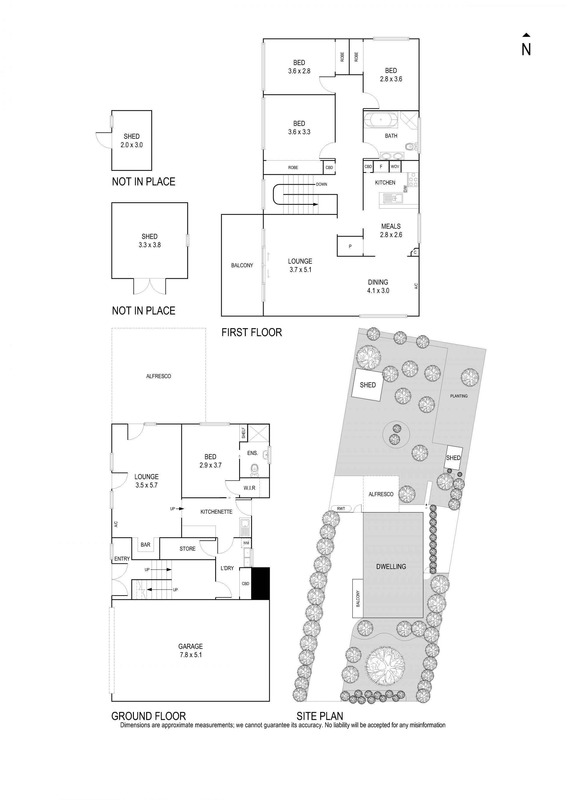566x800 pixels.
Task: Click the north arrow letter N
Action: (x=526, y=50)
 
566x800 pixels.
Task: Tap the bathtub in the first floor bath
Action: (x=381, y=120)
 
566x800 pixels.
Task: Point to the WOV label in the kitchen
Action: (x=395, y=166)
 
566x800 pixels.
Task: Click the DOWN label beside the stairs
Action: (x=321, y=184)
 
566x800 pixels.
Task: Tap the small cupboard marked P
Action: (x=350, y=246)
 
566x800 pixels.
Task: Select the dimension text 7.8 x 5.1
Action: (x=191, y=655)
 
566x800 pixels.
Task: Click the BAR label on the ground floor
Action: (x=145, y=545)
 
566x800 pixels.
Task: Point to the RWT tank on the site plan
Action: (x=341, y=509)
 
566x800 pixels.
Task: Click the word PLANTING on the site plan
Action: (x=459, y=396)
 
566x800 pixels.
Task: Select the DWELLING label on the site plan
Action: (x=391, y=567)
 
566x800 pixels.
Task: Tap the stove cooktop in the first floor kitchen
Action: (x=413, y=179)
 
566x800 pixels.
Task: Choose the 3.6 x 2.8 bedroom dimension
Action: (x=299, y=71)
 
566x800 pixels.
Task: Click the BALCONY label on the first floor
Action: (x=242, y=265)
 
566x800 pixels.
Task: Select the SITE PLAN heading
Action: (x=320, y=716)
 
